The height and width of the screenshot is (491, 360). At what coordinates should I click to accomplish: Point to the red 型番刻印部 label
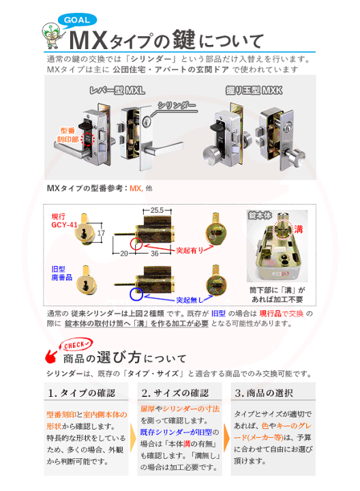66,134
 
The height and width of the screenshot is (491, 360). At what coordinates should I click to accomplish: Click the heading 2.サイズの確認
175,393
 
